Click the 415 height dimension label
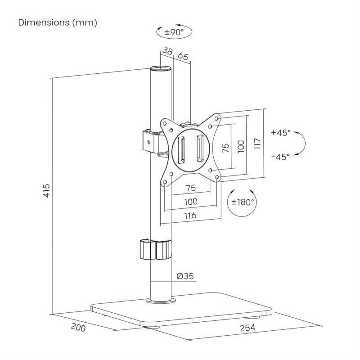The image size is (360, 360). pyautogui.click(x=47, y=190)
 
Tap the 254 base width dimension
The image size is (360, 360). pyautogui.click(x=247, y=328)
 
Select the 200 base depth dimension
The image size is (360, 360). pyautogui.click(x=78, y=327)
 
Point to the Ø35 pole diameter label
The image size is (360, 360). pyautogui.click(x=185, y=276)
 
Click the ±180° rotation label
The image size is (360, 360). pyautogui.click(x=243, y=202)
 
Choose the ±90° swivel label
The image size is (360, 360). pyautogui.click(x=174, y=32)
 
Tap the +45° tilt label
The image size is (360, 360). pyautogui.click(x=280, y=132)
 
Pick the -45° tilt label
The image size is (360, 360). pyautogui.click(x=280, y=157)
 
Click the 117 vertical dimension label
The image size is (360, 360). pyautogui.click(x=257, y=144)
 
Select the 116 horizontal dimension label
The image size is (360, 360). pyautogui.click(x=190, y=216)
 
